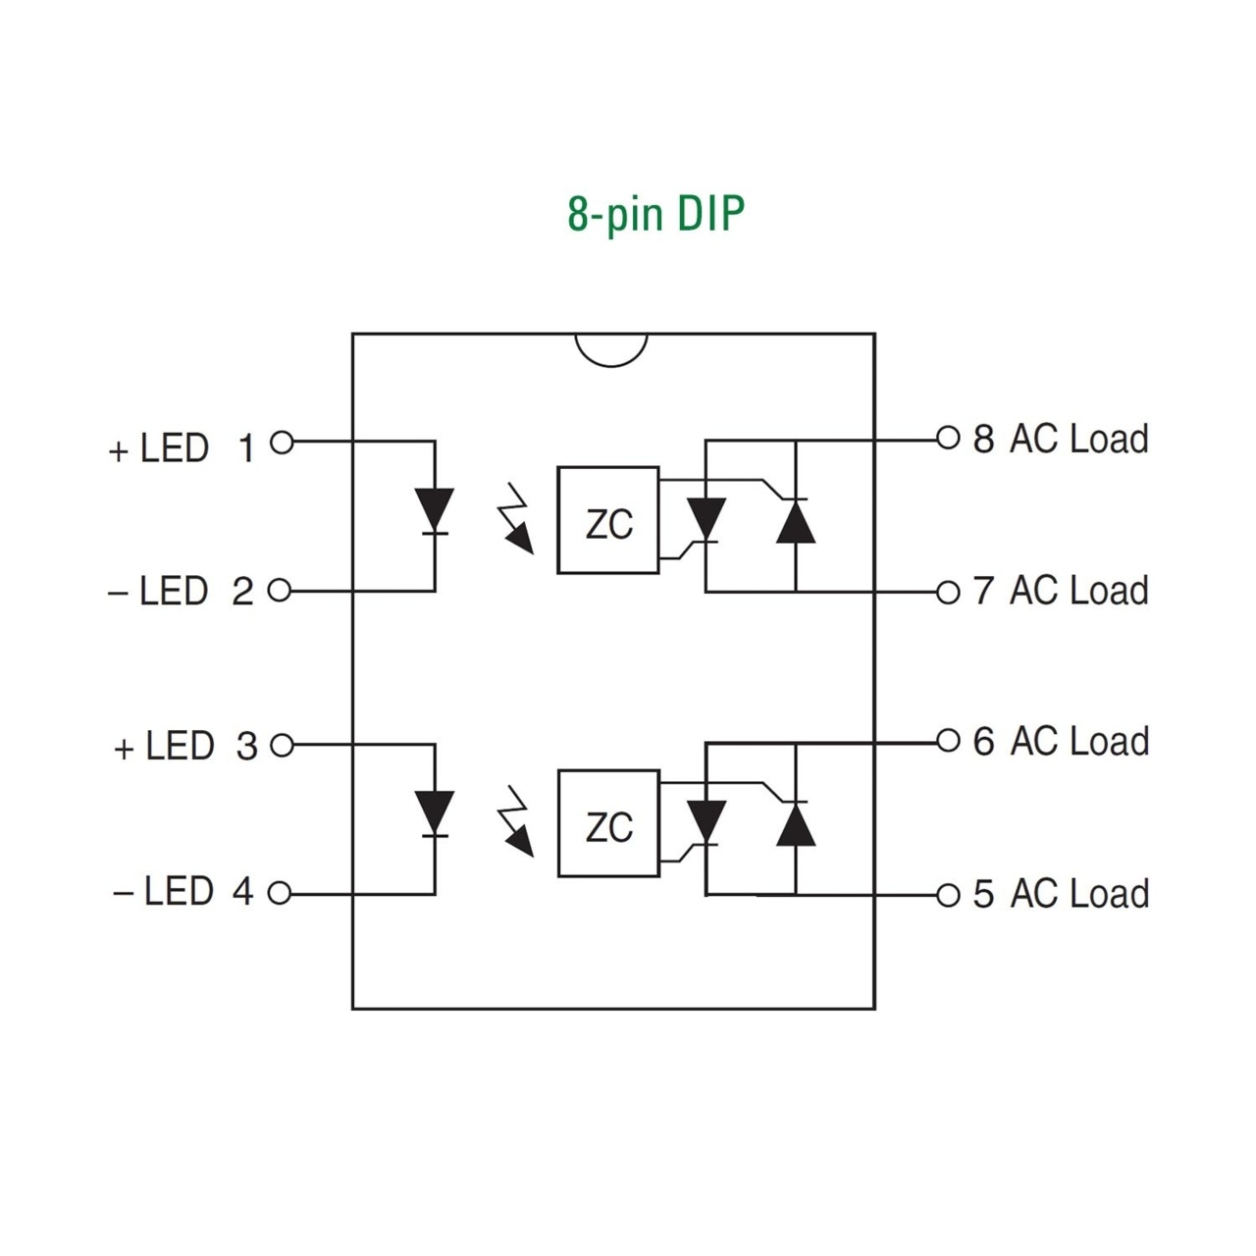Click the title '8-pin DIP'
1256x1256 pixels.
655,214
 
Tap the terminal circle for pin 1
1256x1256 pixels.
282,443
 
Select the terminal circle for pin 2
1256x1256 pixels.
280,591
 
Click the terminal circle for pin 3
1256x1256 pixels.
282,746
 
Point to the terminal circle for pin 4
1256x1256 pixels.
280,894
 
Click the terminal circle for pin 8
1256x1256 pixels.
947,438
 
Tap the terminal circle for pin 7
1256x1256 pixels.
947,592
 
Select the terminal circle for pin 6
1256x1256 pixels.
947,741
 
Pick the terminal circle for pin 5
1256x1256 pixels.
947,895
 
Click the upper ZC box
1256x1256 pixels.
608,520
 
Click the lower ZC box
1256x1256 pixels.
608,823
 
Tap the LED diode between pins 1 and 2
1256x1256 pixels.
434,510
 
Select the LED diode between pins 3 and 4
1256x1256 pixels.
434,813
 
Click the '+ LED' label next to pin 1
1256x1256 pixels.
159,448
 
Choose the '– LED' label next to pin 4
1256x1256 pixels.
163,892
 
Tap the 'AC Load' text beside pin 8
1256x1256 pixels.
1078,439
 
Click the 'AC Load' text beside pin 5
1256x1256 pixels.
1078,894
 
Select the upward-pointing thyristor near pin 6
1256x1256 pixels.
795,822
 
